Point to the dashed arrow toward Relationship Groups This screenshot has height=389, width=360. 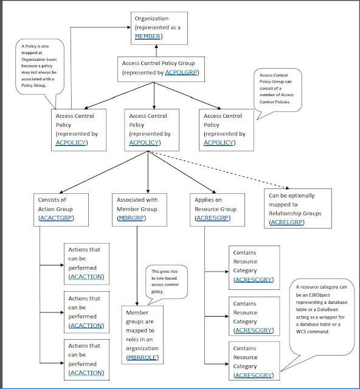219,171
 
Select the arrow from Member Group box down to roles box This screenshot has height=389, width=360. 146,261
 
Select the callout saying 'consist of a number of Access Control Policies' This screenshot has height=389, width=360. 282,91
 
